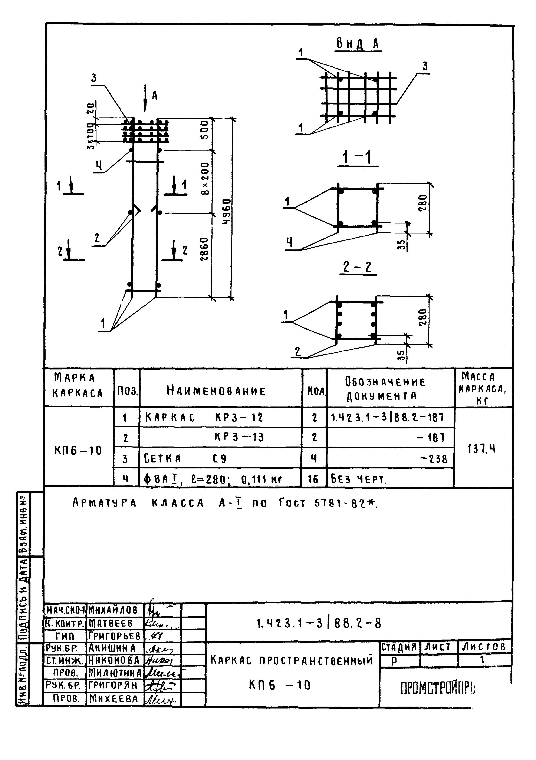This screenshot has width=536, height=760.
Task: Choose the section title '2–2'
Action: pos(358,267)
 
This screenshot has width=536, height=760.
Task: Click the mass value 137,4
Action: pos(481,449)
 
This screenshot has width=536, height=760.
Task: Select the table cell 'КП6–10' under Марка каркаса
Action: pos(78,450)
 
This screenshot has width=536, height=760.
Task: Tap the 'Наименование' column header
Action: pos(216,391)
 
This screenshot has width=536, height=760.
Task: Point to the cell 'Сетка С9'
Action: pos(185,458)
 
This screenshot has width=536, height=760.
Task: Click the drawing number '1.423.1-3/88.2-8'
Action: pos(319,624)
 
